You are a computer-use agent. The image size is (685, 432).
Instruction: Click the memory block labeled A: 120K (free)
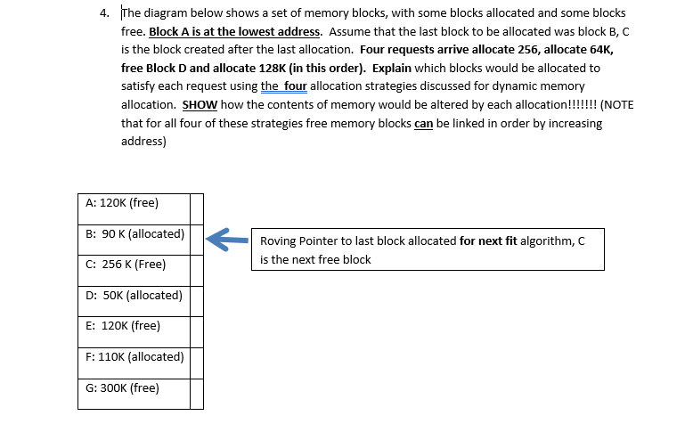click(x=133, y=203)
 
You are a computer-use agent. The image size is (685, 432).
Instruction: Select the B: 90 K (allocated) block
click(x=133, y=234)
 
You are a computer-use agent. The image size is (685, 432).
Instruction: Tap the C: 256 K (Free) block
click(x=133, y=265)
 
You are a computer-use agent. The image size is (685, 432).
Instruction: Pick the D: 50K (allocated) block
click(x=133, y=296)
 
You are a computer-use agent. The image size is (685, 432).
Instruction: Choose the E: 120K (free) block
click(x=133, y=326)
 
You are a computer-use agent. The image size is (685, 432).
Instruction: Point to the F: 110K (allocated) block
click(x=133, y=357)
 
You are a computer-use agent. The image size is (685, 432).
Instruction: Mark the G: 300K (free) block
click(x=133, y=387)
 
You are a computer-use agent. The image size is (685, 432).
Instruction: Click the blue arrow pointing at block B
click(x=225, y=238)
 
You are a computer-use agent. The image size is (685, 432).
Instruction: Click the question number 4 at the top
click(x=104, y=13)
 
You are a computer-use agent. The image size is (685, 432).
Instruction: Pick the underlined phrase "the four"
click(x=283, y=86)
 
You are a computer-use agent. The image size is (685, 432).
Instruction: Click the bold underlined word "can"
click(x=424, y=123)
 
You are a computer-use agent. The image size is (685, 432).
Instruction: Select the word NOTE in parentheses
click(x=620, y=104)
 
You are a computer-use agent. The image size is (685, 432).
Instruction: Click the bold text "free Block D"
click(x=155, y=68)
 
